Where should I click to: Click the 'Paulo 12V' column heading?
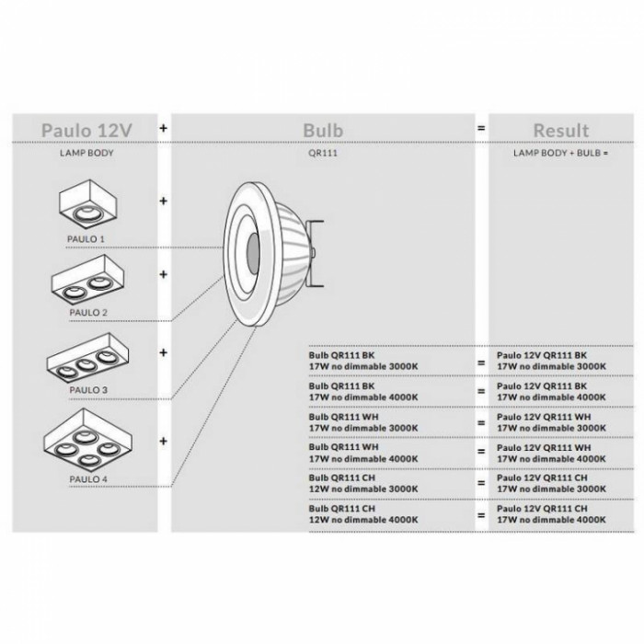86,131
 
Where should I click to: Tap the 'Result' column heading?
560,131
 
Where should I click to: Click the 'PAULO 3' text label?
87,389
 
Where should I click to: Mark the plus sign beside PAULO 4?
165,442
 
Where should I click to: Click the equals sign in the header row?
480,131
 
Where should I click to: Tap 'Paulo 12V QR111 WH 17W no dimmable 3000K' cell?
551,421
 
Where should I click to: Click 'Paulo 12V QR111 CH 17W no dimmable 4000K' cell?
551,513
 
